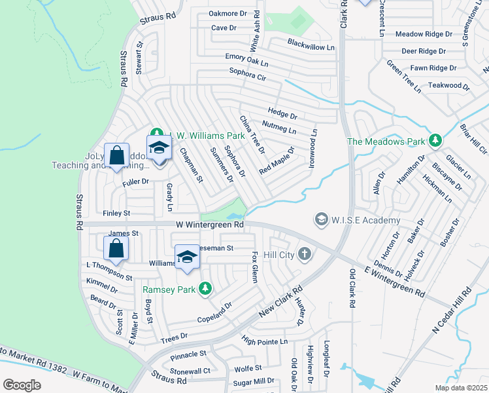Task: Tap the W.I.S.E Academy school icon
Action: [321, 219]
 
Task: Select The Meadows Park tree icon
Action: [435, 140]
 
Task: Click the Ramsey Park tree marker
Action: [205, 288]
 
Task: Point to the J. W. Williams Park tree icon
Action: [156, 136]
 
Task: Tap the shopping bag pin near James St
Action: [116, 248]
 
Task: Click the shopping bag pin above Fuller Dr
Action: [116, 157]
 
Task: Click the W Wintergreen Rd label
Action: [209, 225]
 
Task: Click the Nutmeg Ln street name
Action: [278, 122]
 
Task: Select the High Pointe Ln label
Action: [264, 341]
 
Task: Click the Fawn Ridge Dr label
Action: [433, 68]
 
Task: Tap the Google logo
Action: [22, 385]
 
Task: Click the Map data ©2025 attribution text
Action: [462, 388]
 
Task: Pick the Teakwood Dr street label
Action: [449, 85]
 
